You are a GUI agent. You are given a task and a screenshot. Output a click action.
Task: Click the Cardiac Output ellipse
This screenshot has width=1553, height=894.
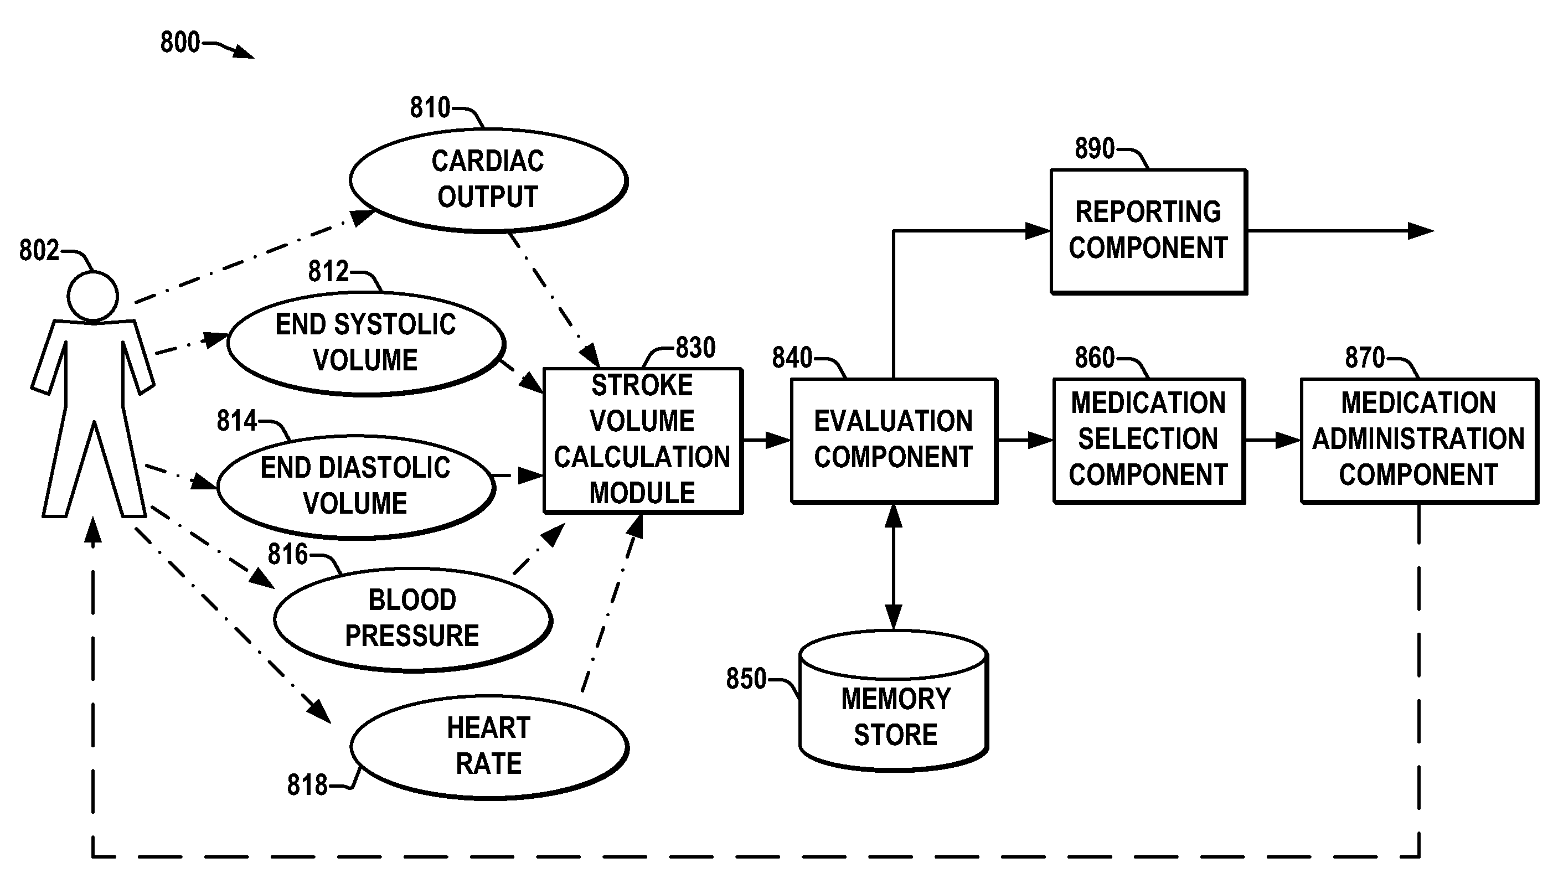pyautogui.click(x=488, y=179)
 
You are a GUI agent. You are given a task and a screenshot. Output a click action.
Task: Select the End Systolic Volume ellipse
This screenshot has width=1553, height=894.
pyautogui.click(x=366, y=343)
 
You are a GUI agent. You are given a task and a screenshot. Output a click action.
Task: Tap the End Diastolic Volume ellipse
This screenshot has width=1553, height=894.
pyautogui.click(x=356, y=485)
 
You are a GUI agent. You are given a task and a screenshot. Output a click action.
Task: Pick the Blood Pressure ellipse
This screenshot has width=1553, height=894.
pyautogui.click(x=412, y=618)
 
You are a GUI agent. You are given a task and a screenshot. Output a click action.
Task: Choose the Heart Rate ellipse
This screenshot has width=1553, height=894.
pyautogui.click(x=489, y=746)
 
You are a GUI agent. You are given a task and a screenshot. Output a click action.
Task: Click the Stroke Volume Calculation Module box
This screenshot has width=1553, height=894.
pyautogui.click(x=642, y=440)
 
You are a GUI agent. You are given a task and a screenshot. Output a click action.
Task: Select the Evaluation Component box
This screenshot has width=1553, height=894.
pyautogui.click(x=894, y=440)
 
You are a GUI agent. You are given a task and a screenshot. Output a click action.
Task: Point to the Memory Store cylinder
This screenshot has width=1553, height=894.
pyautogui.click(x=894, y=712)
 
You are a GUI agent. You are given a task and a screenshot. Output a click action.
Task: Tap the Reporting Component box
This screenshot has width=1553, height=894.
pyautogui.click(x=1148, y=231)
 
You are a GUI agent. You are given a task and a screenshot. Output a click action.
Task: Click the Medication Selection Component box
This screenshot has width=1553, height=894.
pyautogui.click(x=1148, y=440)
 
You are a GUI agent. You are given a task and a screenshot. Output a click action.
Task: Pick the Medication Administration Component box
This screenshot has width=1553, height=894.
pyautogui.click(x=1418, y=440)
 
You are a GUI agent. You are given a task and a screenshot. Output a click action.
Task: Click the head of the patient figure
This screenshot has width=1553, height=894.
pyautogui.click(x=92, y=296)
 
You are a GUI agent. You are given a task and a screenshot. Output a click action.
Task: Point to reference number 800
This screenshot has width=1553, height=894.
pyautogui.click(x=180, y=43)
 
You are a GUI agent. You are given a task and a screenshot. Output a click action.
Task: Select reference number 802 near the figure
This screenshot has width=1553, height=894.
pyautogui.click(x=39, y=251)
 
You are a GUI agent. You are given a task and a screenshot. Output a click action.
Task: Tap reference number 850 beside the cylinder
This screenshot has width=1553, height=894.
pyautogui.click(x=746, y=679)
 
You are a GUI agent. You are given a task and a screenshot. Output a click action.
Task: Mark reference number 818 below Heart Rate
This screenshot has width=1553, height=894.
pyautogui.click(x=307, y=786)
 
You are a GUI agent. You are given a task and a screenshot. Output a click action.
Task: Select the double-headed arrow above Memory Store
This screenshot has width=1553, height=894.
pyautogui.click(x=894, y=566)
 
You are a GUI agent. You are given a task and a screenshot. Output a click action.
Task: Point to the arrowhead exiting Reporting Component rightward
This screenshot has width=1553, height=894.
pyautogui.click(x=1420, y=231)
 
